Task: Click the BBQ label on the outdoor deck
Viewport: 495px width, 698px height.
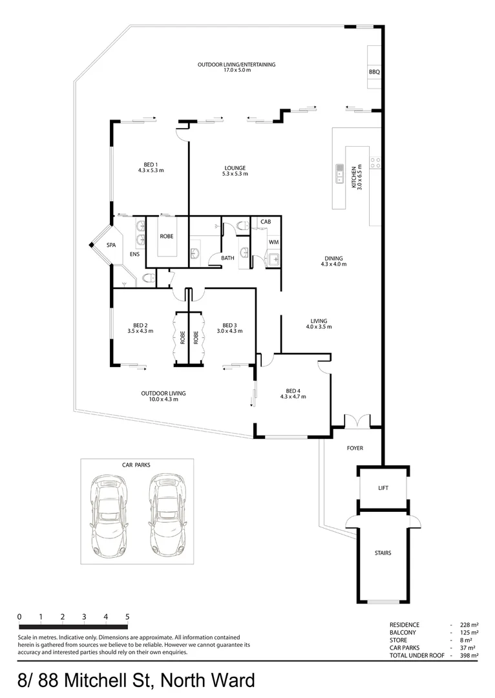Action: tap(374, 72)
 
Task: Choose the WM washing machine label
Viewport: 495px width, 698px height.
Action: tap(273, 242)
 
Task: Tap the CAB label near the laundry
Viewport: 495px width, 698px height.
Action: tap(265, 222)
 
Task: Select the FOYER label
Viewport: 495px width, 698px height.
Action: tap(355, 447)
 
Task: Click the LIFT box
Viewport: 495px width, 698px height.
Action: tap(383, 488)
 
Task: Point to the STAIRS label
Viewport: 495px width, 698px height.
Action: tap(383, 553)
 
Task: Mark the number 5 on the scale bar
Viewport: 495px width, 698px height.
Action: tap(127, 617)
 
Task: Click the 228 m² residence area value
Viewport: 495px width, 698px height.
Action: tap(469, 625)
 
